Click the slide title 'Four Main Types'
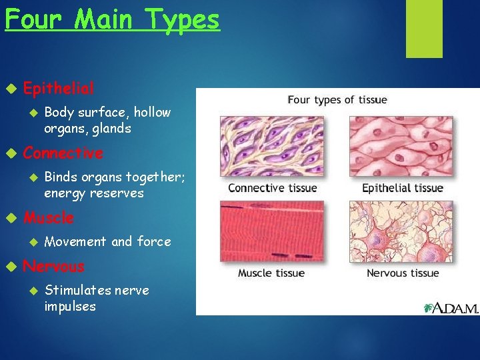pos(112,19)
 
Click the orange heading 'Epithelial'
pos(59,88)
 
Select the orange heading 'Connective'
pos(63,153)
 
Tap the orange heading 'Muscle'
pos(49,218)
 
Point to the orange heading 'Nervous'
pos(54,267)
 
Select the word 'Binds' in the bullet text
pos(61,177)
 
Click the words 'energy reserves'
pos(94,193)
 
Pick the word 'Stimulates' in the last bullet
pos(77,290)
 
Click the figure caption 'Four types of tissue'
pos(337,100)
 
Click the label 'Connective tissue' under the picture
pos(273,188)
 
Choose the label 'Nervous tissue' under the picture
pos(403,273)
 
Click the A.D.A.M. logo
pos(451,307)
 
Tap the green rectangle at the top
pos(425,29)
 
